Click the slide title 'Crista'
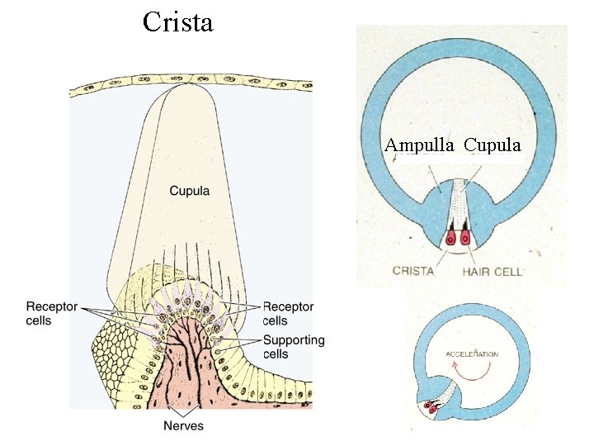[177, 21]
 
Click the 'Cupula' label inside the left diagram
[189, 191]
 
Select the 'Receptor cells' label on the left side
[51, 313]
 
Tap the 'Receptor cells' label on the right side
[288, 313]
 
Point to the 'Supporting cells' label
[293, 347]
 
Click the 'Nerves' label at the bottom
[182, 425]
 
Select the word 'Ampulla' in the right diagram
[419, 145]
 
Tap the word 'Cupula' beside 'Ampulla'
[493, 145]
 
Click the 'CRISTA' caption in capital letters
[413, 270]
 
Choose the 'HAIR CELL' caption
[493, 270]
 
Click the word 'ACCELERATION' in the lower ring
[472, 354]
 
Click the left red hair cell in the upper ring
[451, 239]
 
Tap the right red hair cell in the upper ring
[465, 239]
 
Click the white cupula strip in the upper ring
[459, 206]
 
